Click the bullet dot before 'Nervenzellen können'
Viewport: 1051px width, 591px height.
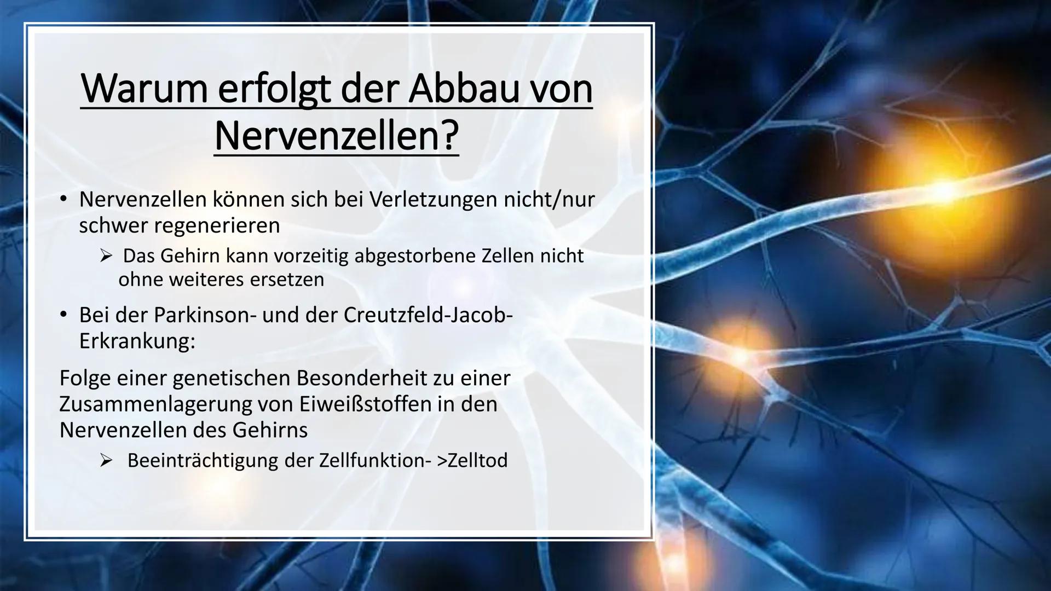pyautogui.click(x=64, y=200)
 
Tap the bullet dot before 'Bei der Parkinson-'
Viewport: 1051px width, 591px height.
pyautogui.click(x=64, y=315)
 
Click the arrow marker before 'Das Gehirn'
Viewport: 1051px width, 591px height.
pyautogui.click(x=106, y=256)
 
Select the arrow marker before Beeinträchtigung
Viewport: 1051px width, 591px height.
pyautogui.click(x=106, y=461)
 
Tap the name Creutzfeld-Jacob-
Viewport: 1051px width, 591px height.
pyautogui.click(x=429, y=315)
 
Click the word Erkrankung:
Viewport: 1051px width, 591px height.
pyautogui.click(x=137, y=341)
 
